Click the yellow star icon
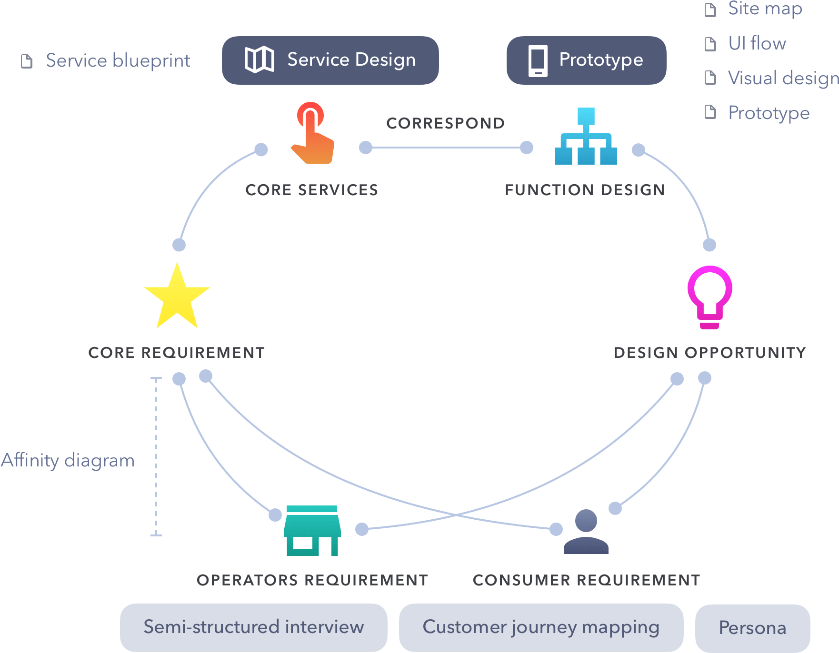pos(177,297)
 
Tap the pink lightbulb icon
pos(709,296)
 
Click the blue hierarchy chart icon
pos(586,137)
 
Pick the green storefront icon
pos(312,530)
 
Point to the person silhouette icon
pos(586,532)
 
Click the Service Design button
pos(330,60)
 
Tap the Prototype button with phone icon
pos(586,60)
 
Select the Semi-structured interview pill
pos(253,627)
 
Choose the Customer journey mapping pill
pos(541,627)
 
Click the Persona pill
pos(752,628)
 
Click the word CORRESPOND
pos(445,123)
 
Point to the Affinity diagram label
pos(68,460)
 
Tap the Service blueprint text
pos(118,60)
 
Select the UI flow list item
pos(757,43)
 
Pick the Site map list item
pos(765,9)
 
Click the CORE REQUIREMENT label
pos(177,353)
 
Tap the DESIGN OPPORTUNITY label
pos(709,353)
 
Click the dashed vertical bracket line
pos(156,457)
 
